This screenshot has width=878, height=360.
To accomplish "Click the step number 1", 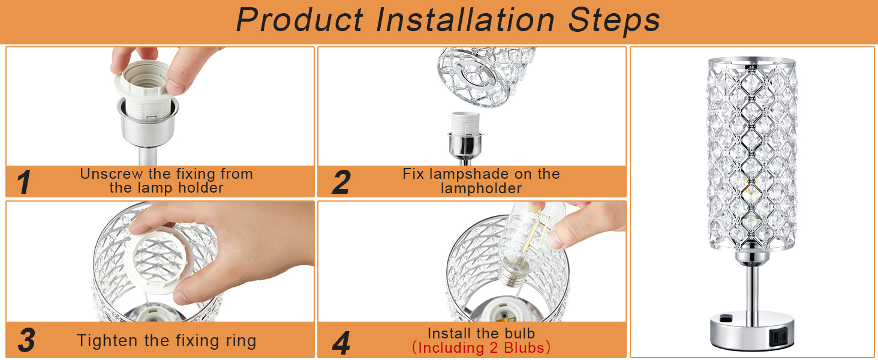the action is click(x=24, y=182).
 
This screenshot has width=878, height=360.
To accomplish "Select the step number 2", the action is click(x=341, y=182).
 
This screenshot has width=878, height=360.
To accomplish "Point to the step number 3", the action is click(x=26, y=340).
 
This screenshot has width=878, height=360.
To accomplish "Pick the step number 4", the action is click(x=341, y=343).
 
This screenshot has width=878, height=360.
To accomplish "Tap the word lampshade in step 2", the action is click(x=481, y=174).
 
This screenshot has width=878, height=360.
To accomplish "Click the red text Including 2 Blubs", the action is click(x=482, y=348).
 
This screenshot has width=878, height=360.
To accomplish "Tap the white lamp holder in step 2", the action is click(x=465, y=124).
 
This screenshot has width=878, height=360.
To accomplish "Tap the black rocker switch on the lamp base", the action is click(x=726, y=317).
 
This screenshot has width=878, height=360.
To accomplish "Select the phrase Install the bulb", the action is click(x=482, y=334).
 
